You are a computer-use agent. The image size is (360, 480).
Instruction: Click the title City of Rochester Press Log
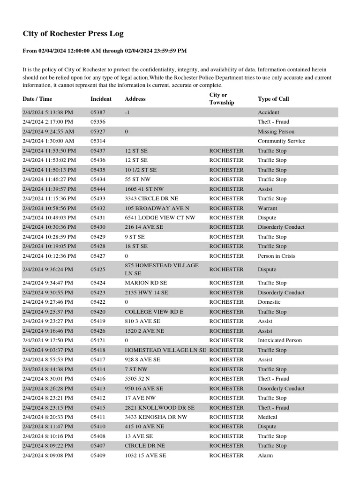click(x=73, y=34)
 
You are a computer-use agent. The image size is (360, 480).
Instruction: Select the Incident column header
click(x=101, y=99)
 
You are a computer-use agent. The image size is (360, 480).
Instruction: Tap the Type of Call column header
click(x=273, y=99)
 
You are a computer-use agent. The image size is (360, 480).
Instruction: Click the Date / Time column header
click(x=37, y=99)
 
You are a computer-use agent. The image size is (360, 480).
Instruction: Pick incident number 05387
click(x=98, y=112)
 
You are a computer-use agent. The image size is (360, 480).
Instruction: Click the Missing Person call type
click(x=276, y=132)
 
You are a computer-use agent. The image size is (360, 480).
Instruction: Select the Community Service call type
click(x=281, y=141)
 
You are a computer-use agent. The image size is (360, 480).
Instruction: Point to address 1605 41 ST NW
click(x=144, y=189)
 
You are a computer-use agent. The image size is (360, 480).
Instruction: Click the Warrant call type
click(x=267, y=208)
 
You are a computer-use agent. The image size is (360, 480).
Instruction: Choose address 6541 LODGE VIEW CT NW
click(x=160, y=218)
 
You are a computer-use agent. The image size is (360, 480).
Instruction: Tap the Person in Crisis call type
click(x=277, y=256)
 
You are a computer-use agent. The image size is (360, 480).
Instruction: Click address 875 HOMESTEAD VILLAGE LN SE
click(x=162, y=269)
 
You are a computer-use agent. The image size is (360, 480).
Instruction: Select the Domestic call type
click(x=269, y=302)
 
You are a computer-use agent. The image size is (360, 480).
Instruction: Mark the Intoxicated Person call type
click(x=280, y=340)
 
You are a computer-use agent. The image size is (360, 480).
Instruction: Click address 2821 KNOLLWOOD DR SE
click(x=159, y=408)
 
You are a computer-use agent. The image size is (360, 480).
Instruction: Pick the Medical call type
click(x=267, y=417)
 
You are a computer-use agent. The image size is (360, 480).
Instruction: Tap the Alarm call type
click(x=265, y=455)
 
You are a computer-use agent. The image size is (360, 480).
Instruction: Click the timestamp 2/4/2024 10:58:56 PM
click(x=49, y=208)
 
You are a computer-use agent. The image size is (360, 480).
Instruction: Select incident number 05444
click(x=98, y=189)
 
